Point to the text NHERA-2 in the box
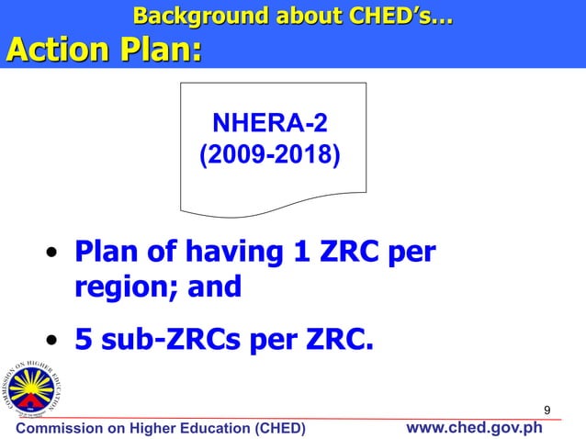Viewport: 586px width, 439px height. pyautogui.click(x=269, y=123)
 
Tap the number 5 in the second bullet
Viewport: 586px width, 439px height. pyautogui.click(x=83, y=341)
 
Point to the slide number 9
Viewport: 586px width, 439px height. pyautogui.click(x=547, y=409)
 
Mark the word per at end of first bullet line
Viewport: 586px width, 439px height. pyautogui.click(x=410, y=251)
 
